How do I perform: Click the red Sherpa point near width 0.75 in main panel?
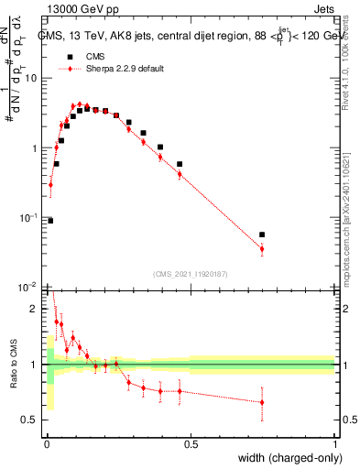262,248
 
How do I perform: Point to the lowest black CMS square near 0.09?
50,221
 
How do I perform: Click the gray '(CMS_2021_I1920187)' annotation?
191,273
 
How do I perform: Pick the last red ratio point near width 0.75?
262,402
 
